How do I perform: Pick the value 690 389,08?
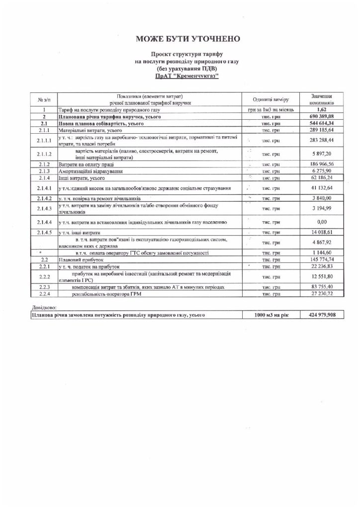321,115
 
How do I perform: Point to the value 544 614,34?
321,122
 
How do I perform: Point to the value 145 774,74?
321,259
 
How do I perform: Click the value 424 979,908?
321,315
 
